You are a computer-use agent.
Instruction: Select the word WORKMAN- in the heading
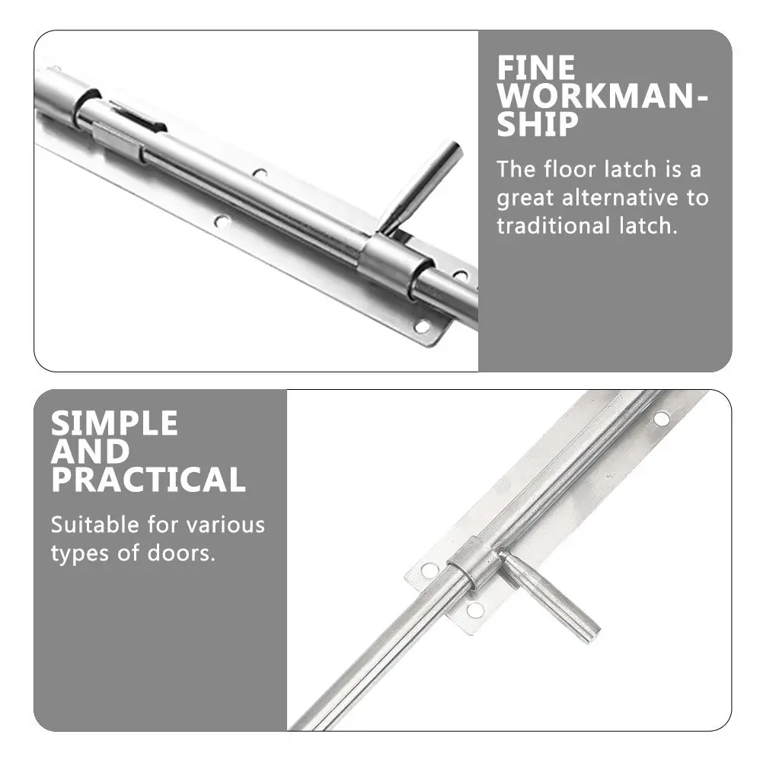pos(602,97)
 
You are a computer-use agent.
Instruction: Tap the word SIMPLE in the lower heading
pos(114,423)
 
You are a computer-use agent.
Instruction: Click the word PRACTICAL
pos(148,480)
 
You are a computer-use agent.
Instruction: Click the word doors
pos(184,554)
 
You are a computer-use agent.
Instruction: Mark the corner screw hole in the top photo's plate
pos(421,327)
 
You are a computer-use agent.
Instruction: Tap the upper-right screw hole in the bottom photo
pos(661,418)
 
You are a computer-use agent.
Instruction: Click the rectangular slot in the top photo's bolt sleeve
pos(134,117)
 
